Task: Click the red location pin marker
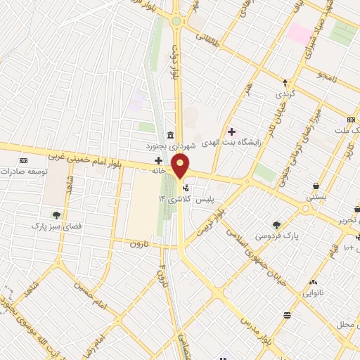181,167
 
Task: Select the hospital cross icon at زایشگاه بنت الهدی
231,131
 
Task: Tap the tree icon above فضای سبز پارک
56,214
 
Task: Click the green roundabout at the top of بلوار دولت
176,21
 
